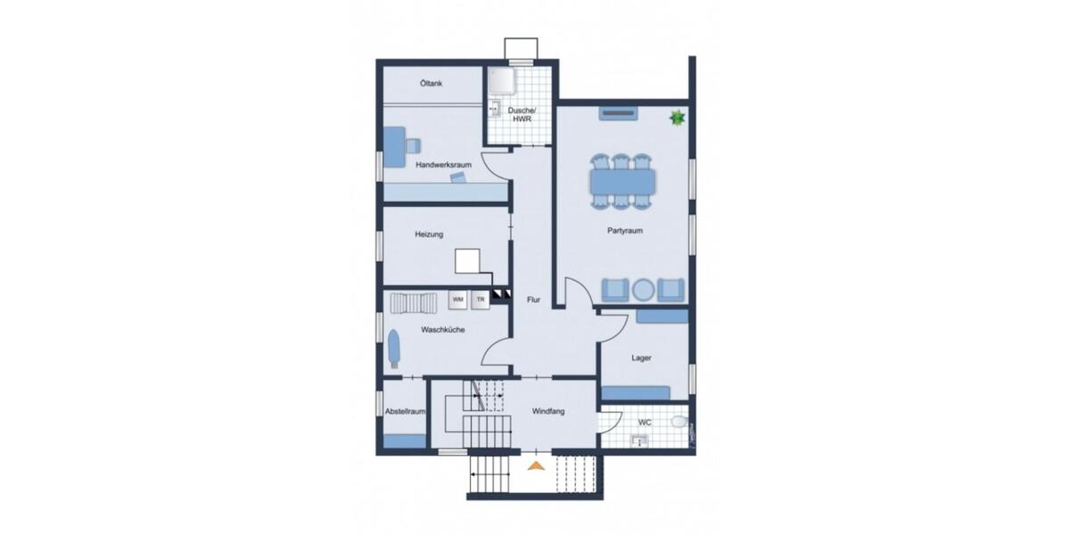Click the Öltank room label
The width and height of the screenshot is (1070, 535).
click(438, 84)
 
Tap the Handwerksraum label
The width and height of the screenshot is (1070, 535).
click(443, 165)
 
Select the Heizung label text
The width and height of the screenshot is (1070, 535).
click(429, 235)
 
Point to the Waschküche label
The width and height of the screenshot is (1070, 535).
click(443, 329)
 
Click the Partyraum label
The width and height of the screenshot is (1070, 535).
click(625, 230)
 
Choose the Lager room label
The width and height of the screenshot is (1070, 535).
click(641, 358)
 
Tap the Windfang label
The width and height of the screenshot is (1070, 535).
click(549, 412)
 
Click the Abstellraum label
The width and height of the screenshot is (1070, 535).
click(404, 412)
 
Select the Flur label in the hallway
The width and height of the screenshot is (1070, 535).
click(533, 300)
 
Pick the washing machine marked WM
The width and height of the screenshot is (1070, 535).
click(457, 300)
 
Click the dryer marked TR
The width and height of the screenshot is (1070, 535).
click(481, 300)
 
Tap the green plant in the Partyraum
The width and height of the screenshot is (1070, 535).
click(677, 117)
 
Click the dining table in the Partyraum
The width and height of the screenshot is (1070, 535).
click(622, 182)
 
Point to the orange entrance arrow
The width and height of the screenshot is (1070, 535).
click(535, 465)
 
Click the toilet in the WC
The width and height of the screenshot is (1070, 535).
click(679, 422)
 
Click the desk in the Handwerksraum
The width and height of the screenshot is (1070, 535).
click(393, 143)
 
